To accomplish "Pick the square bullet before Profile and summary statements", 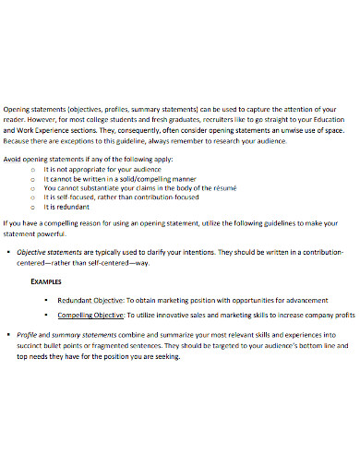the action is coord(8,334).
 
